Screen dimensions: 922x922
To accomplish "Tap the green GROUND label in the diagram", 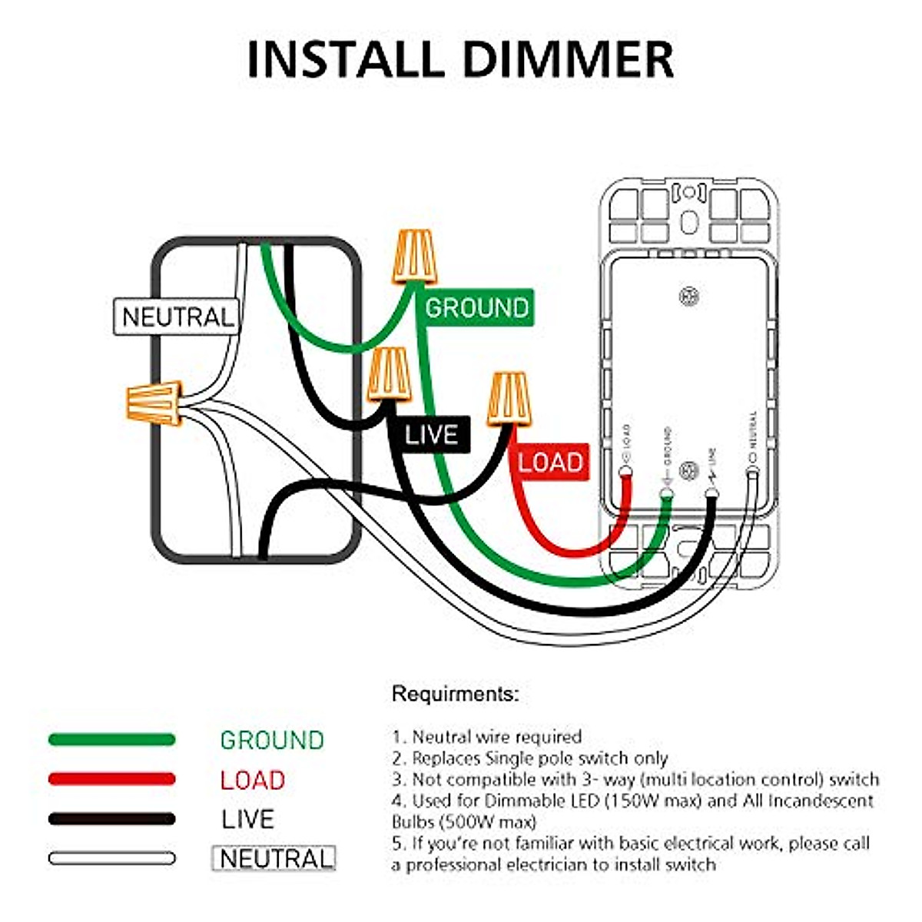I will click(477, 307).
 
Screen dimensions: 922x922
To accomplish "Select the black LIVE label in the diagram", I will click(431, 436).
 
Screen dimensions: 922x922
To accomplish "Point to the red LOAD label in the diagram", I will click(549, 462).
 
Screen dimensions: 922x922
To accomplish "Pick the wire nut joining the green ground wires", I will click(415, 257).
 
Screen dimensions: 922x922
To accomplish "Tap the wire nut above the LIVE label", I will click(387, 374).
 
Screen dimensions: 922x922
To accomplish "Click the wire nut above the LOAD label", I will click(509, 398).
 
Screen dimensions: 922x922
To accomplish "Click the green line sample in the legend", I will click(111, 740).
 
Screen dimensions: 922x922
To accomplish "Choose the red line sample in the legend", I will click(111, 779).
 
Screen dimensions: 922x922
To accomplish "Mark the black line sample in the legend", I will click(111, 819).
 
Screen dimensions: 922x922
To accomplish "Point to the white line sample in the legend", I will click(111, 858).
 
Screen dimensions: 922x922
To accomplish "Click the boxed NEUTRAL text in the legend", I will click(274, 858).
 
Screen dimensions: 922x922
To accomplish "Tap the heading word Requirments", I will click(455, 694).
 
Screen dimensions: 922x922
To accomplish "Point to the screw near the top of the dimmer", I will click(688, 295).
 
